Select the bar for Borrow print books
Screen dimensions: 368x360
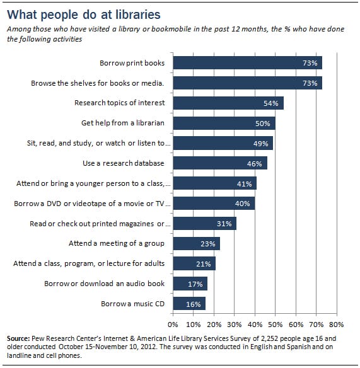coord(247,62)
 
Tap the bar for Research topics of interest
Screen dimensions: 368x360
coord(228,103)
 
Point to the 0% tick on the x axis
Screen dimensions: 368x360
coord(173,325)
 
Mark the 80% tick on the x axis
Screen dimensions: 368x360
coord(336,325)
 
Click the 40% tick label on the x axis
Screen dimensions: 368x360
coord(255,325)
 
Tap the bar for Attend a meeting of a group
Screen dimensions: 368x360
coord(196,244)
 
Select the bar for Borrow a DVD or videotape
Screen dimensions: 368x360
coord(214,204)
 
